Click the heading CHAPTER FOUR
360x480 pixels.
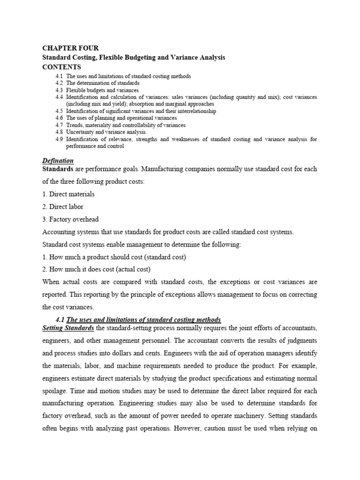71,48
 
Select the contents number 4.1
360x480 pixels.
59,76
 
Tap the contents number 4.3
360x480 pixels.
59,90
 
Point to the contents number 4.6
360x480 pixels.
59,118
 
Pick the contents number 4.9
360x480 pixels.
59,139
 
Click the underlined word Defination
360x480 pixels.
58,161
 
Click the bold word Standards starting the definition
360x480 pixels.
58,168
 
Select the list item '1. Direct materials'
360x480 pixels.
68,194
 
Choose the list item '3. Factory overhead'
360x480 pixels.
71,219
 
